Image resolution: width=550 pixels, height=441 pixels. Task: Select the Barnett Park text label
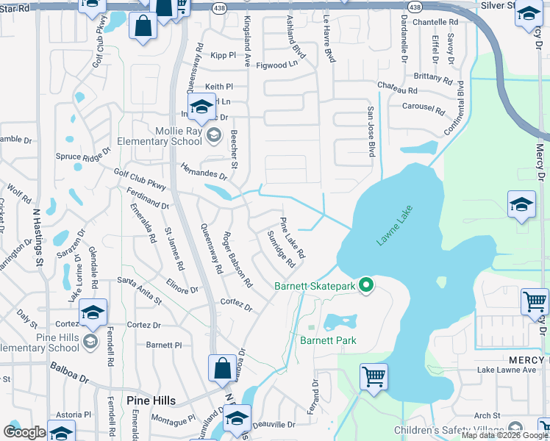328,340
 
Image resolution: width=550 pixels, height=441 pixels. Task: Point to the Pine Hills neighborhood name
151,400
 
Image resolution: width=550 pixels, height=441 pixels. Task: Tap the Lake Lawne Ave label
507,370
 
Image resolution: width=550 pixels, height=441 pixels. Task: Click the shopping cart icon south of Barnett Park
374,377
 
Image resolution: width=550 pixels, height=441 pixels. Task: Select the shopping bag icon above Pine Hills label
222,369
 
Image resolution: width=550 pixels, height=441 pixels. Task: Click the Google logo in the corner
25,432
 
